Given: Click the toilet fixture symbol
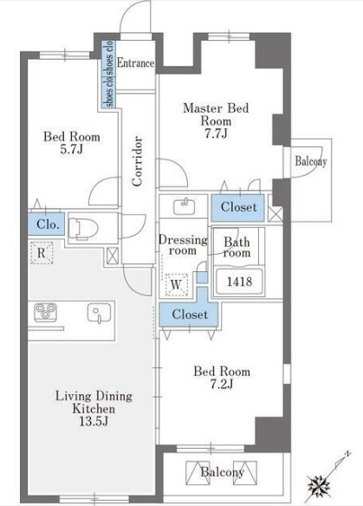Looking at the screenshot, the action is coord(83,228).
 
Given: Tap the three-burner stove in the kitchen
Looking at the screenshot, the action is coord(45,312).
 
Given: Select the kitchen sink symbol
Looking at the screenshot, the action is coord(99,313).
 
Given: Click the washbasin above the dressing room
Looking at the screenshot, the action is coord(184,207).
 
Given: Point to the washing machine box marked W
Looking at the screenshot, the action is coord(176,284).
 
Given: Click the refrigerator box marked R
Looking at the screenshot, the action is coord(42,253).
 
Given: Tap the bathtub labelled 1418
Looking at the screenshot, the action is coord(239,282).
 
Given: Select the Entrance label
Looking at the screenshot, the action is coord(135,62).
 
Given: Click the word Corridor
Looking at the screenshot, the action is coord(137,161).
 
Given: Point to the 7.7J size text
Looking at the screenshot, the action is coord(217,133).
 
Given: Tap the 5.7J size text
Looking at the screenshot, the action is coord(72,149).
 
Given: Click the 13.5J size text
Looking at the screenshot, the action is coord(94,421).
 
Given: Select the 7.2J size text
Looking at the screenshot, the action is coord(221,384).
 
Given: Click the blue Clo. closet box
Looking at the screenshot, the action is coord(46,224).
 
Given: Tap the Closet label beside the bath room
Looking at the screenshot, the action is coord(238,207).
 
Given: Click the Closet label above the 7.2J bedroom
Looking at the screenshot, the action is coord(190,314).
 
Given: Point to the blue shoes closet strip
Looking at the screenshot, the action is coord(109,74).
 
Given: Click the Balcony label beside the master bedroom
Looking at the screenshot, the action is coord(311,161).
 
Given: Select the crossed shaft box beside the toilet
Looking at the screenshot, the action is coord(113,256).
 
